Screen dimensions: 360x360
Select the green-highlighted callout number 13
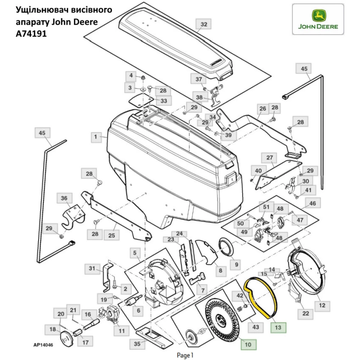pyautogui.click(x=278, y=328)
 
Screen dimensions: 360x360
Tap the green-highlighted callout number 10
pyautogui.click(x=248, y=344)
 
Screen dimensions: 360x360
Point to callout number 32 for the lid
pyautogui.click(x=204, y=24)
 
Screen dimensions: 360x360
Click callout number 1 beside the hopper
pyautogui.click(x=96, y=137)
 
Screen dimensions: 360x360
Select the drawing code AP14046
pyautogui.click(x=43, y=345)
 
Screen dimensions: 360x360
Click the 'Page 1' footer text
pyautogui.click(x=185, y=355)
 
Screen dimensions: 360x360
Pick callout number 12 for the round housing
pyautogui.click(x=322, y=305)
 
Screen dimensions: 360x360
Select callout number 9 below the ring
pyautogui.click(x=237, y=264)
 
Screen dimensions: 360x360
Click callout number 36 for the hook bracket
pyautogui.click(x=64, y=198)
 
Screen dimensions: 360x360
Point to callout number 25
pyautogui.click(x=112, y=236)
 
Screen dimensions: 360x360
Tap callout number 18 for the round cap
pyautogui.click(x=53, y=329)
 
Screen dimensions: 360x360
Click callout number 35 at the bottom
pyautogui.click(x=137, y=344)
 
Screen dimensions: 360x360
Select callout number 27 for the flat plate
pyautogui.click(x=270, y=158)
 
